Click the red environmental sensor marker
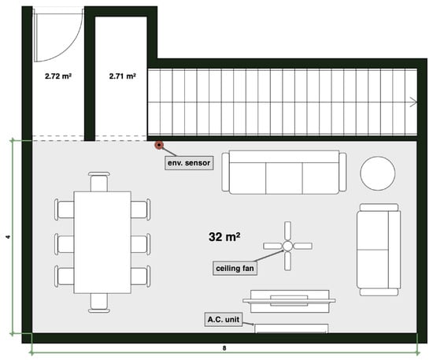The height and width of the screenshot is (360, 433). [x=159, y=145]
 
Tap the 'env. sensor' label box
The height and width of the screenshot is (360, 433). [x=189, y=163]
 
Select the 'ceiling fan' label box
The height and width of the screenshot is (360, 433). [x=235, y=269]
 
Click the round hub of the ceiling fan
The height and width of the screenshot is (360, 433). [x=287, y=246]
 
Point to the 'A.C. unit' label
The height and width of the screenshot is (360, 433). [x=224, y=320]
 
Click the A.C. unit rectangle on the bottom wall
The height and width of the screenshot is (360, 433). [x=291, y=328]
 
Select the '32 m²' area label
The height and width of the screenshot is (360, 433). [x=224, y=237]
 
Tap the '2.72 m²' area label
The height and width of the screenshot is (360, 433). [x=58, y=76]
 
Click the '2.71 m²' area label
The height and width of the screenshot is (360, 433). [x=122, y=76]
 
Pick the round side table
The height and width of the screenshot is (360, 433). [x=377, y=173]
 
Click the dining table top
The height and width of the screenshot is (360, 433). [x=102, y=243]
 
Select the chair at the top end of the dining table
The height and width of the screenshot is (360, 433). [x=99, y=181]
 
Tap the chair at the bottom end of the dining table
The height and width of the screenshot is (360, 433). [x=99, y=303]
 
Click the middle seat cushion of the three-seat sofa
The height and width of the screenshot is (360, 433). [x=284, y=178]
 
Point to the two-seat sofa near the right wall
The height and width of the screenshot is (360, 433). [x=379, y=250]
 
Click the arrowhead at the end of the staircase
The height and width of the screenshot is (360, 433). [x=413, y=102]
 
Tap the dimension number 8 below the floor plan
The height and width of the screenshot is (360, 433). [x=224, y=348]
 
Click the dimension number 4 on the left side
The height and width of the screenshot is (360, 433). [x=9, y=236]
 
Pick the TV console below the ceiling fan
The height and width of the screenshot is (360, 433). [x=289, y=301]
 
